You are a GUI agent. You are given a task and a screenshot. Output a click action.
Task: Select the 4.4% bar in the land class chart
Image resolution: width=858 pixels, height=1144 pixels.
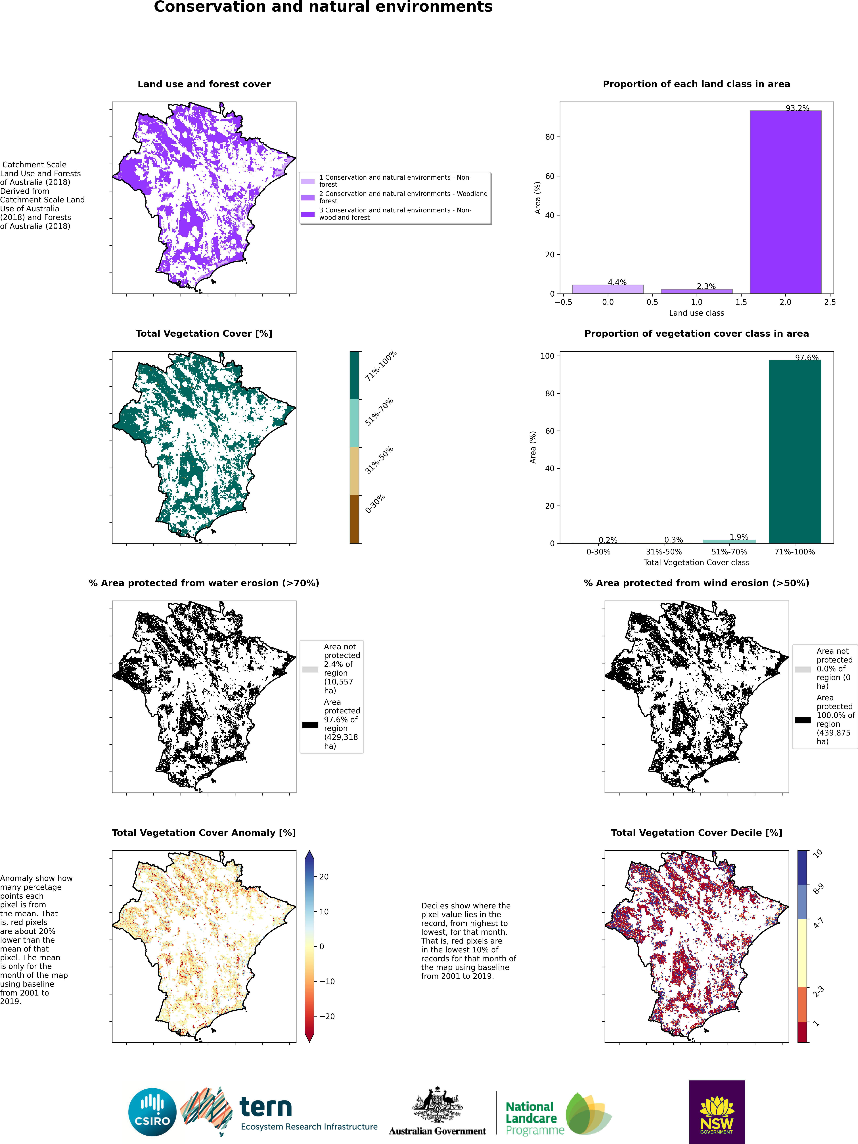coord(608,289)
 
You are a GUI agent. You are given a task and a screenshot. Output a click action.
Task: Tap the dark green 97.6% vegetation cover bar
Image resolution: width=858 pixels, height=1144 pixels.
coord(795,451)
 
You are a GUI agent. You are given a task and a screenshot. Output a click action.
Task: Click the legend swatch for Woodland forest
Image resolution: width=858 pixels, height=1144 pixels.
coord(308,198)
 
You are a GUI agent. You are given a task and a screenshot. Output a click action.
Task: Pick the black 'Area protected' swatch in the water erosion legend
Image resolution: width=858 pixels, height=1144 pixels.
coord(310,725)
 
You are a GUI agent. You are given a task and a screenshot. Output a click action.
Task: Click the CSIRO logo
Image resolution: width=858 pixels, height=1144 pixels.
coord(153,1112)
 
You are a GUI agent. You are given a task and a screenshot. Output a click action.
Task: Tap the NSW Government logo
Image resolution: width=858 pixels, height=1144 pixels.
coord(717,1112)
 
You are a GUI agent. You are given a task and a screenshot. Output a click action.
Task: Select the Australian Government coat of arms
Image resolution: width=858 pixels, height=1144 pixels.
coord(437,1104)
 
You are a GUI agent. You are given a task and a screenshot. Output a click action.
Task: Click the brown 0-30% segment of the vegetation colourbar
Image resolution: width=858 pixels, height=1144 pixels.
coord(354,519)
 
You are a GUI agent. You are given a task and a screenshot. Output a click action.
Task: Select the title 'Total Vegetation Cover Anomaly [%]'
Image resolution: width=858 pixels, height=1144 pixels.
coord(204,833)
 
